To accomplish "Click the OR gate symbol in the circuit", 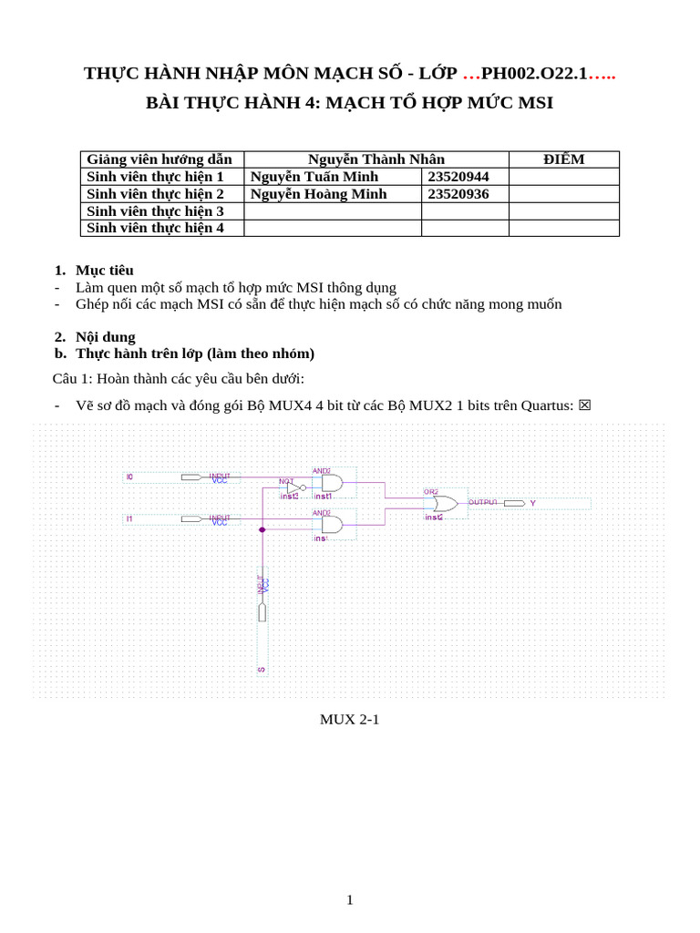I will [446, 503].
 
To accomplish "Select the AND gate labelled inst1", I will [331, 483].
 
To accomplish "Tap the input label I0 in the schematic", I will [129, 477].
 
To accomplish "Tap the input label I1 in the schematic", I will [129, 518].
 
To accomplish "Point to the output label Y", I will [533, 503].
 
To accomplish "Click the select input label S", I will [262, 670].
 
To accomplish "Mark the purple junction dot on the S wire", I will [262, 529].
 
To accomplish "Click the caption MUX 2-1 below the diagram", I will [349, 719].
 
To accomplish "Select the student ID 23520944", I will [458, 177].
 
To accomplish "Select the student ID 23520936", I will [458, 194].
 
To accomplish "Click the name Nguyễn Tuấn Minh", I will [314, 177].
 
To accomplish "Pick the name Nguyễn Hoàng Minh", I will [318, 194].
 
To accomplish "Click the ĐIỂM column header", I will [563, 159].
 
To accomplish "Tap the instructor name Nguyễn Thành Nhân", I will [376, 159].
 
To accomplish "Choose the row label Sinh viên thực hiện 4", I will [155, 228].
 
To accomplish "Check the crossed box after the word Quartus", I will [584, 405].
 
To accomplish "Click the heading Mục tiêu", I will [105, 270].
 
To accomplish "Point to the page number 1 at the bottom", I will [349, 899].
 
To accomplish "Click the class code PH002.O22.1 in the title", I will [534, 74].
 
